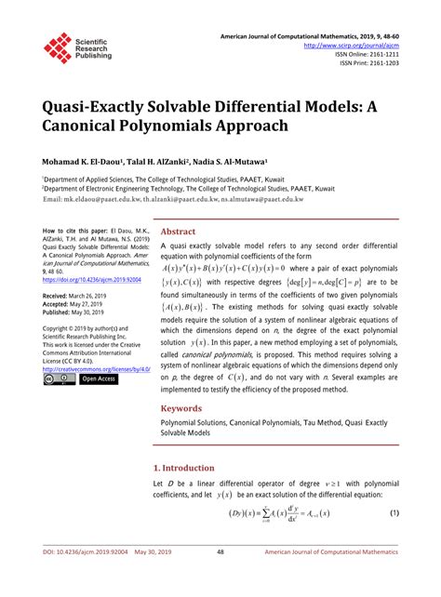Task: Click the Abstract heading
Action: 178,232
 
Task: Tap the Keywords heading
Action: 180,408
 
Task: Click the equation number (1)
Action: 394,514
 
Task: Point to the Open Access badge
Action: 99,379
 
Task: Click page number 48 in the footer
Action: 220,577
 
